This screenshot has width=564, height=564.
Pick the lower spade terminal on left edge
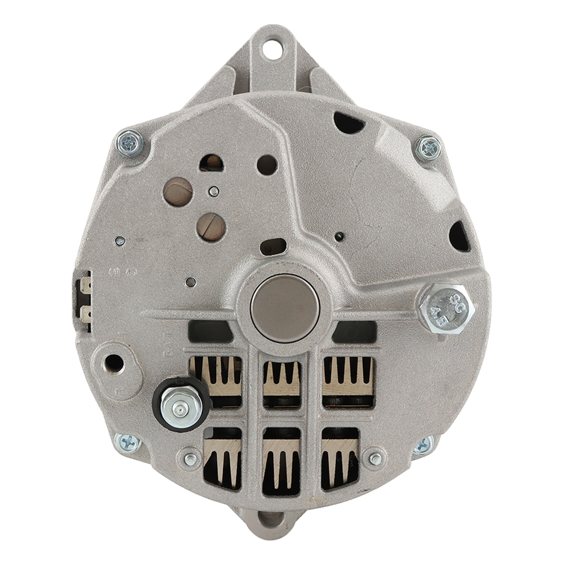pos(85,314)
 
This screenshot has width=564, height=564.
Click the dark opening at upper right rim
pos(349,121)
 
